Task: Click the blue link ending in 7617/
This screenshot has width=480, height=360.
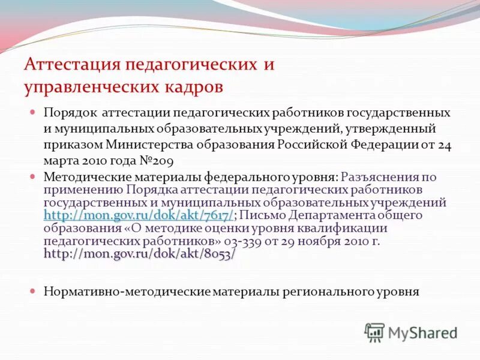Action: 139,215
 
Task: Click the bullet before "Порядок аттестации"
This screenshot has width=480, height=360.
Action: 34,112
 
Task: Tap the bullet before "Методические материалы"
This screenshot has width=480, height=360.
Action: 34,177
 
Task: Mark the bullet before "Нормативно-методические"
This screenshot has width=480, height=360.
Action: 34,291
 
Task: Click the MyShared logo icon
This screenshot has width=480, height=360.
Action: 374,332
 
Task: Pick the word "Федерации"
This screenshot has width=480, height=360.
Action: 382,145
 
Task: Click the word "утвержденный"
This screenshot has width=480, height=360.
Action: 384,128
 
